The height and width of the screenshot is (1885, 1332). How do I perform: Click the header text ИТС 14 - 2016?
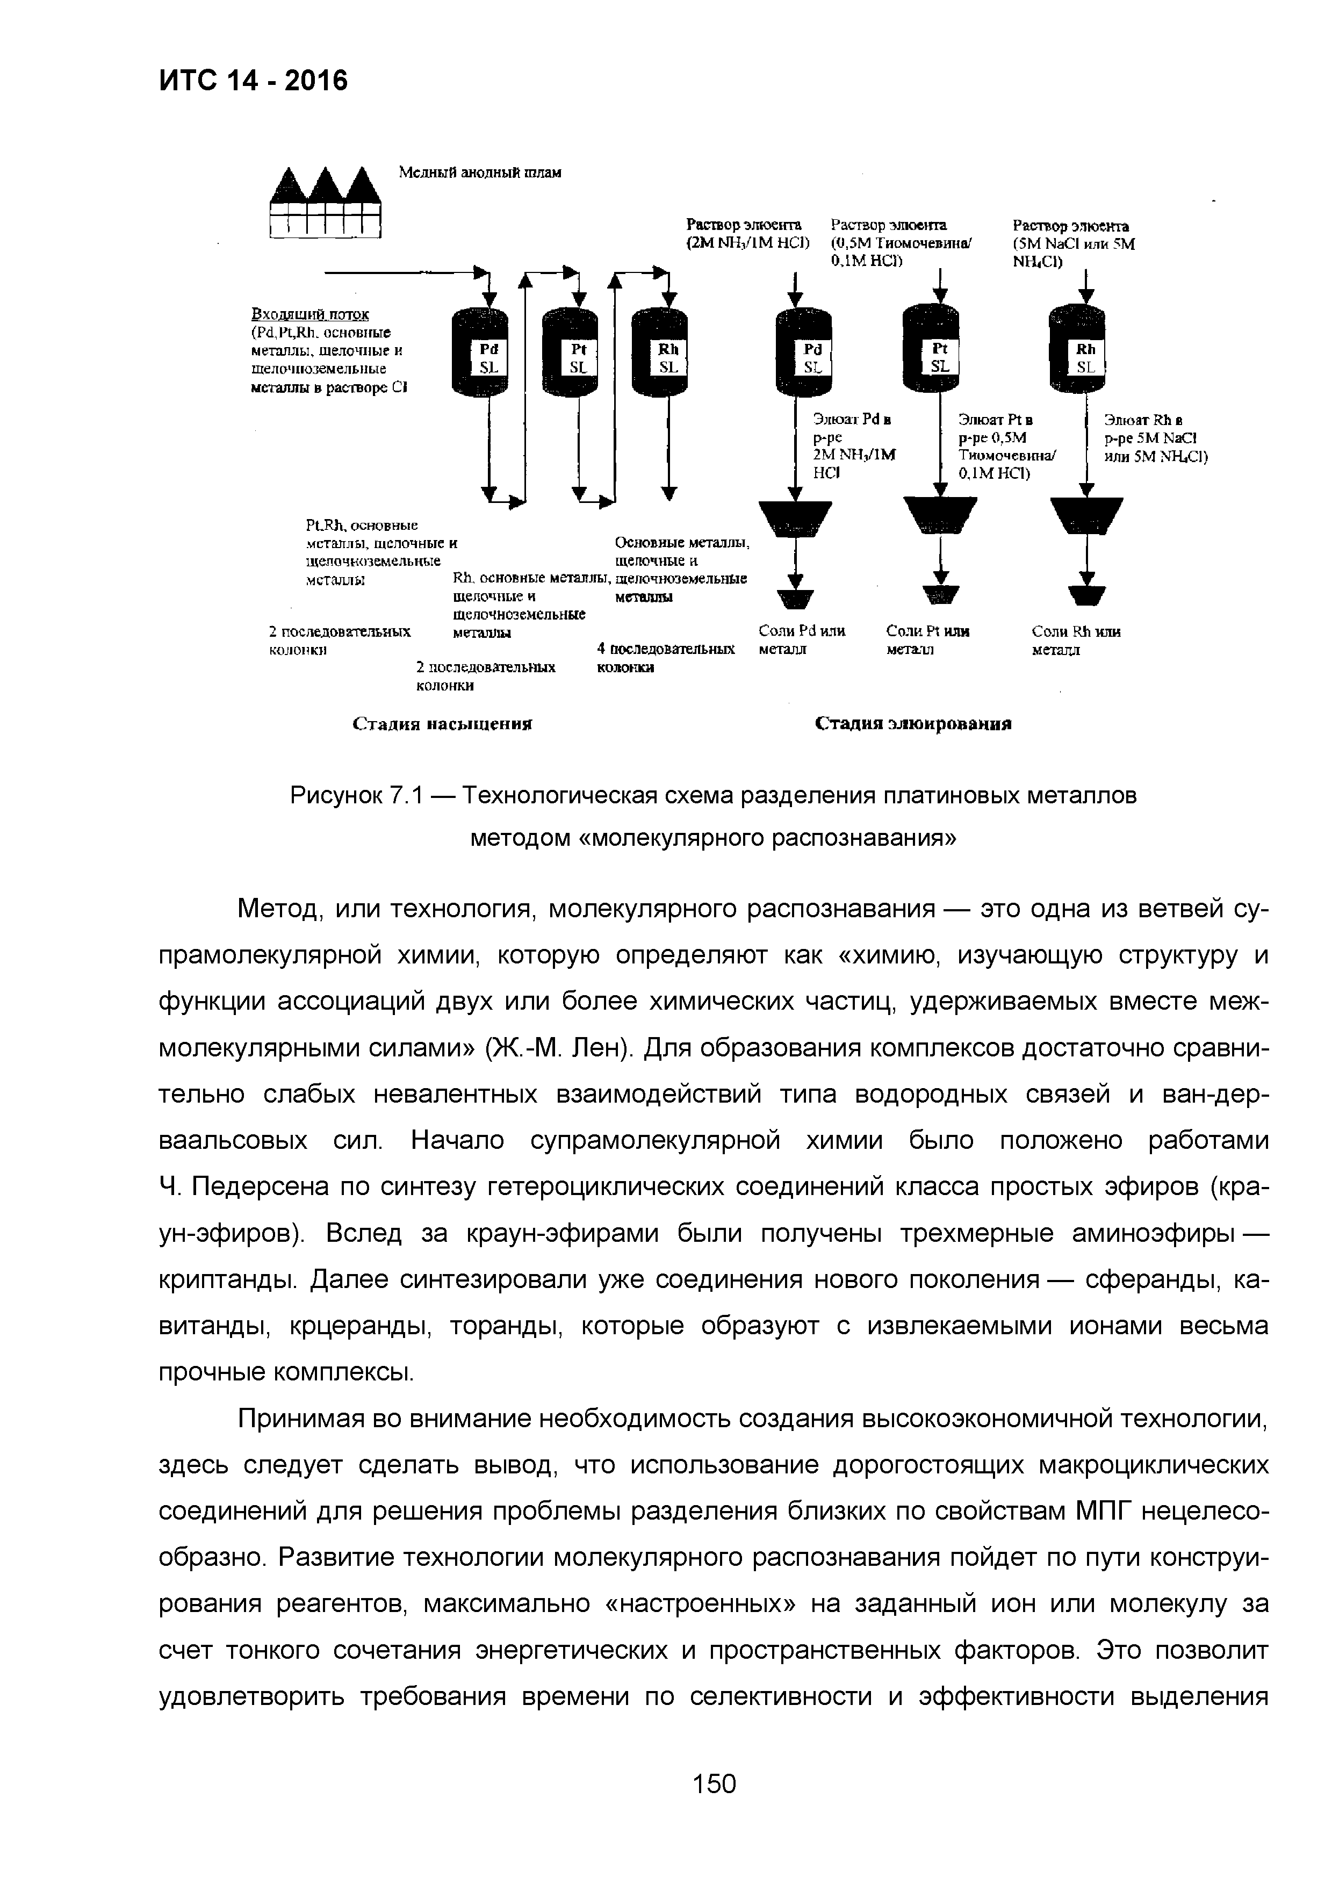(253, 81)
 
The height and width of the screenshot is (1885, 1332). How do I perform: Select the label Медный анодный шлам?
(480, 172)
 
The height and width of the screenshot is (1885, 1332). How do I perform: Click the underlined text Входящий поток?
(309, 314)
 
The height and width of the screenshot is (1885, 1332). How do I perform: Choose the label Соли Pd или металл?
(802, 641)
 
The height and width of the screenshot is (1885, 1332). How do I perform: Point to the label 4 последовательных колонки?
(666, 658)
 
